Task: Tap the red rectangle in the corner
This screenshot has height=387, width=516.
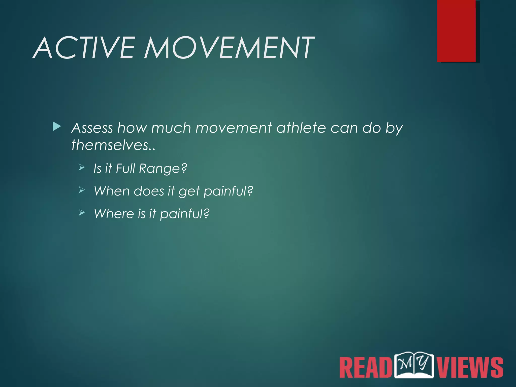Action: (456, 31)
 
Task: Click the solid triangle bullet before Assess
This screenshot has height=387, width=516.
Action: (57, 127)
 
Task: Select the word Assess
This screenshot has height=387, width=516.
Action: (92, 128)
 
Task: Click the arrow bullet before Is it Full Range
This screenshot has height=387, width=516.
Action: (82, 167)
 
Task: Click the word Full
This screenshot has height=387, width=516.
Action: (125, 168)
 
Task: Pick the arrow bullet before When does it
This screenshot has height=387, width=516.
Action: (82, 190)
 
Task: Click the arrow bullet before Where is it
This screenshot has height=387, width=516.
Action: (82, 212)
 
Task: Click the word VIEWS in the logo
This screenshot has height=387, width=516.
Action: (470, 367)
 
